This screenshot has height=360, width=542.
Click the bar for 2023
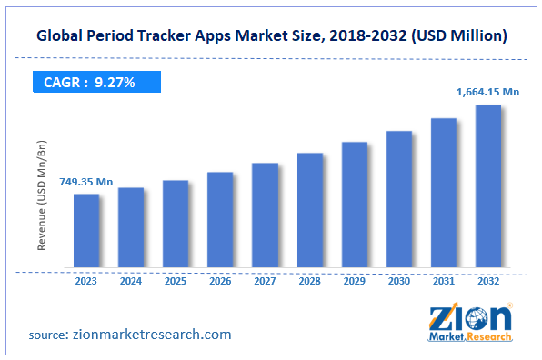pyautogui.click(x=86, y=231)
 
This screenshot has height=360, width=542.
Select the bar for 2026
pyautogui.click(x=220, y=220)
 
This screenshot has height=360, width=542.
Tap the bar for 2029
pyautogui.click(x=355, y=205)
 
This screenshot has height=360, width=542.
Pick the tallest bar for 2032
pyautogui.click(x=488, y=186)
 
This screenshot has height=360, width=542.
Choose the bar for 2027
pyautogui.click(x=265, y=215)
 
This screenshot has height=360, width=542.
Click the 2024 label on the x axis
pyautogui.click(x=131, y=281)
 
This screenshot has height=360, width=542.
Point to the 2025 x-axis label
pyautogui.click(x=176, y=281)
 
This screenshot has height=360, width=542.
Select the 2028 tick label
pyautogui.click(x=309, y=281)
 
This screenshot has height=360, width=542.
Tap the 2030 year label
pyautogui.click(x=399, y=281)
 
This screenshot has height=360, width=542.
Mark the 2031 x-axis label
pyautogui.click(x=444, y=281)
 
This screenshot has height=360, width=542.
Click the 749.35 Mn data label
pyautogui.click(x=87, y=183)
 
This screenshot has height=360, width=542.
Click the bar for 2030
pyautogui.click(x=399, y=200)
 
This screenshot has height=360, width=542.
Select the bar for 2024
pyautogui.click(x=131, y=228)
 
